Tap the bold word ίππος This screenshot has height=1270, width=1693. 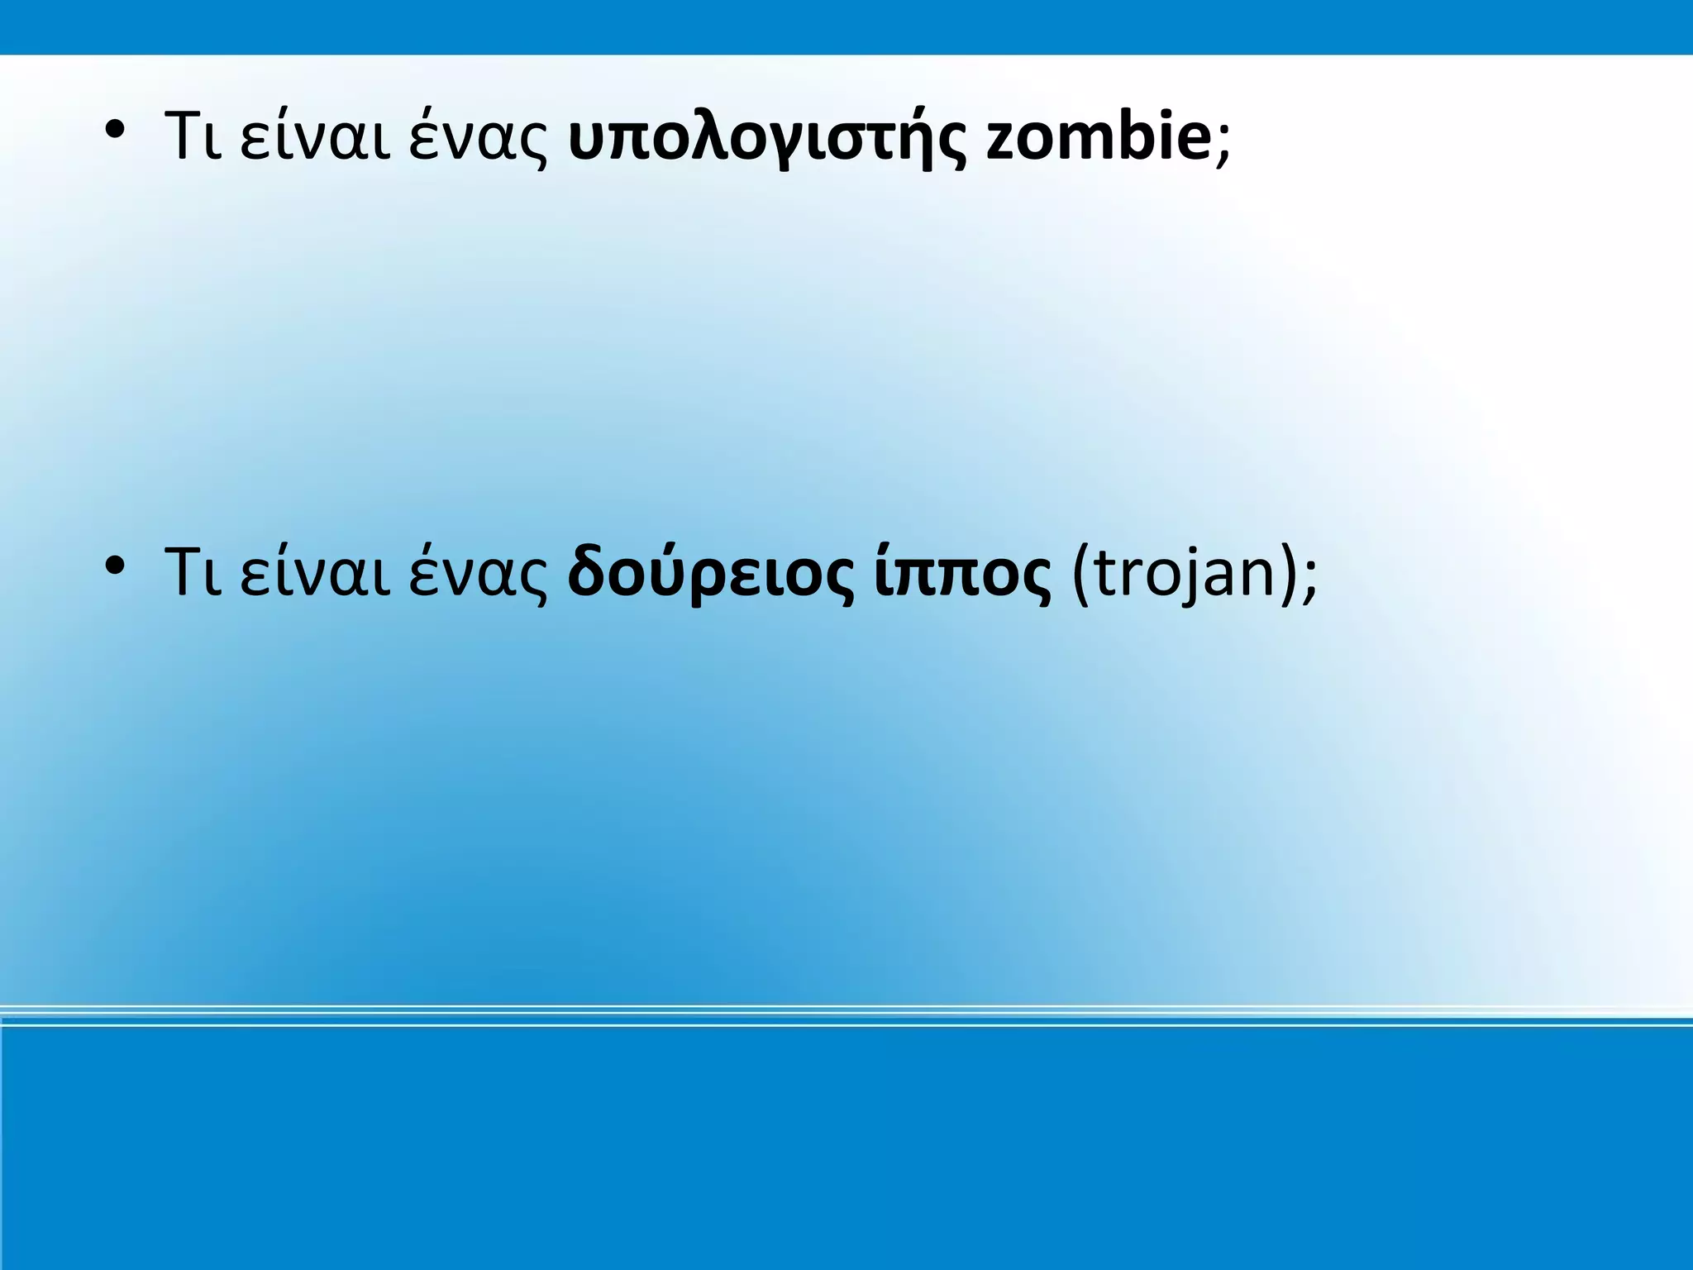962,574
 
